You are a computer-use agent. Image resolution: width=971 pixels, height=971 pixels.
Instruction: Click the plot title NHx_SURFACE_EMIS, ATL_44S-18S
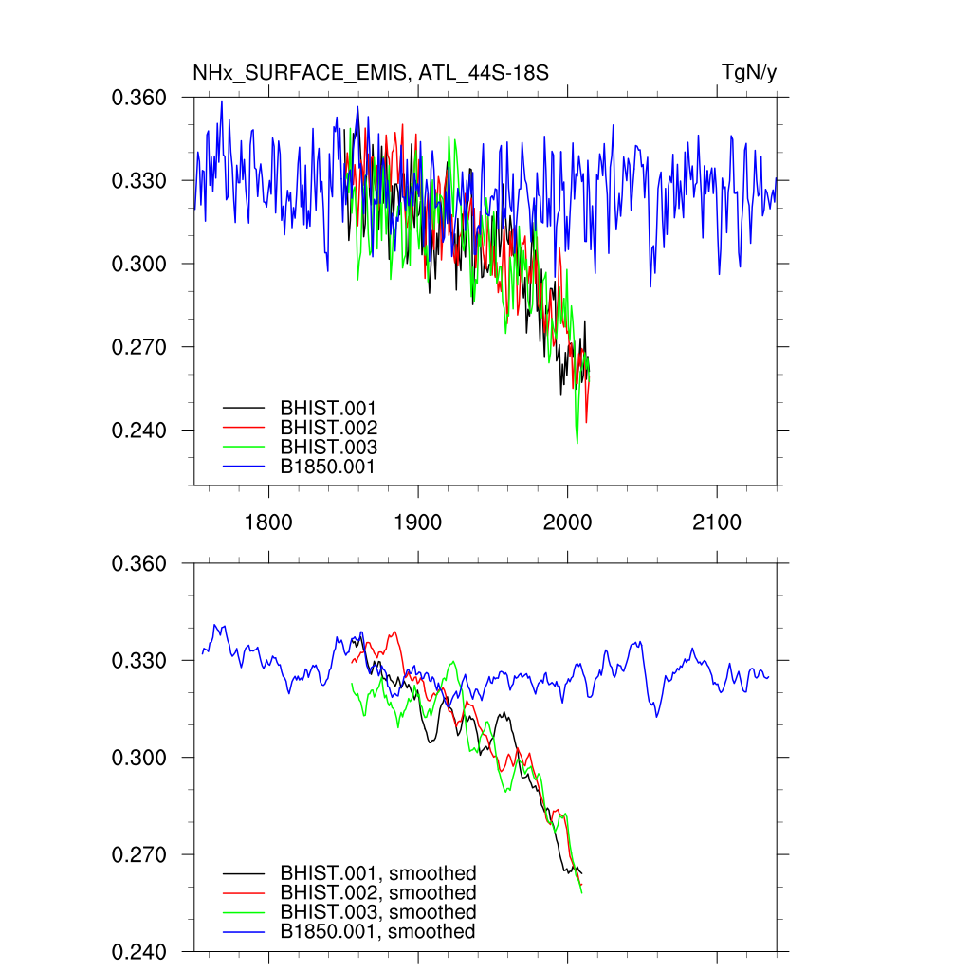[x=371, y=73]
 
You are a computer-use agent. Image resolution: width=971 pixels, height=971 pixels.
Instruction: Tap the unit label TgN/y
[x=749, y=73]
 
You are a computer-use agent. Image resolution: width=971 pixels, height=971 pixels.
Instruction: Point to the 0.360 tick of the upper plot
[x=140, y=98]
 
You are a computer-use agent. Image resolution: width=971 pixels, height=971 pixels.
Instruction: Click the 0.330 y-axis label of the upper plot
[x=140, y=180]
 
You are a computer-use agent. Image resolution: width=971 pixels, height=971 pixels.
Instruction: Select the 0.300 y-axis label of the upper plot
[x=140, y=264]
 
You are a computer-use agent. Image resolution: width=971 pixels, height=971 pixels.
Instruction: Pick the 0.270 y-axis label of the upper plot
[x=140, y=347]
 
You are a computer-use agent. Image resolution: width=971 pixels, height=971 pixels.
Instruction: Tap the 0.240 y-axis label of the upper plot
[x=140, y=431]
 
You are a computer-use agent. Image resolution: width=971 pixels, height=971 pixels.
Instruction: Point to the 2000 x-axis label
[x=567, y=522]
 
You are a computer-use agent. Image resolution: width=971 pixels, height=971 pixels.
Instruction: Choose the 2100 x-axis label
[x=716, y=522]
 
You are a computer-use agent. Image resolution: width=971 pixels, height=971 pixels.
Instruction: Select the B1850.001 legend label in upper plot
[x=328, y=467]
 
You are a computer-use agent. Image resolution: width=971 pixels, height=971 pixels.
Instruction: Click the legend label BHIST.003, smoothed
[x=377, y=912]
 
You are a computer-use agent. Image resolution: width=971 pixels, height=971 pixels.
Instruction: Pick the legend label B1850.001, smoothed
[x=377, y=932]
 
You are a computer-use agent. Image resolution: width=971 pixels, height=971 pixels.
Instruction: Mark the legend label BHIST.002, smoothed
[x=377, y=893]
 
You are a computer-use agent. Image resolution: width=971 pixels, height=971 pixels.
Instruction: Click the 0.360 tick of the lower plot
[x=140, y=564]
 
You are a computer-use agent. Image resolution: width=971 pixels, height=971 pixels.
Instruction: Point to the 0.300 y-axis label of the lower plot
[x=140, y=758]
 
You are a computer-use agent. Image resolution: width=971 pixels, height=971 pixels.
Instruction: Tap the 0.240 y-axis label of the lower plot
[x=140, y=951]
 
